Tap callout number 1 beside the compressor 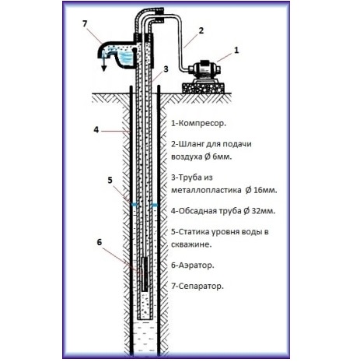point(236,50)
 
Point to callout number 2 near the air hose point(201,30)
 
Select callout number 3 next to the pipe point(166,69)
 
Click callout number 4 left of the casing point(96,130)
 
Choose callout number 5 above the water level point(110,180)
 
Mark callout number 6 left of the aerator point(100,242)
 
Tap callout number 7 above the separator point(85,23)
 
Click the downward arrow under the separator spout point(104,65)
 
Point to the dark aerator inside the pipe point(145,274)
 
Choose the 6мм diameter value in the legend point(222,157)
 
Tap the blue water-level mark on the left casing point(135,205)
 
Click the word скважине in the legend point(191,244)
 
